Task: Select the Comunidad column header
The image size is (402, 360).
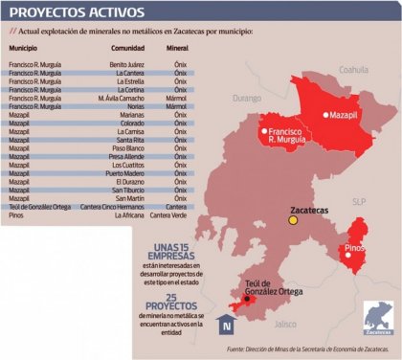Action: pos(126,46)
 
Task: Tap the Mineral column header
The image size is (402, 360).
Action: pos(176,46)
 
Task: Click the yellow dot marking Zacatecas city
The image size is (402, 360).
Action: pos(294,221)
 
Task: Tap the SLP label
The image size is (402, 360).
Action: pos(359,202)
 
